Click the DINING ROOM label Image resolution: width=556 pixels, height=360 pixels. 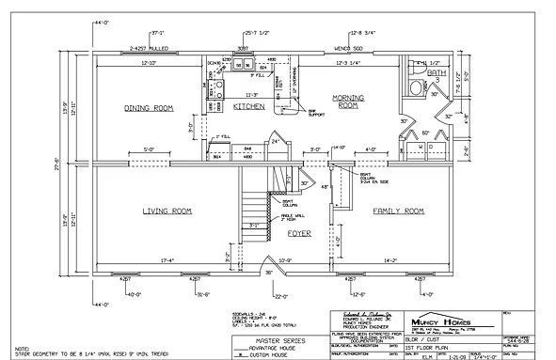click(x=150, y=109)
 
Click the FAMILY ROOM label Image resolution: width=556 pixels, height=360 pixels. click(x=400, y=211)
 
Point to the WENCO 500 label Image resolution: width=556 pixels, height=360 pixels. click(x=349, y=47)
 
